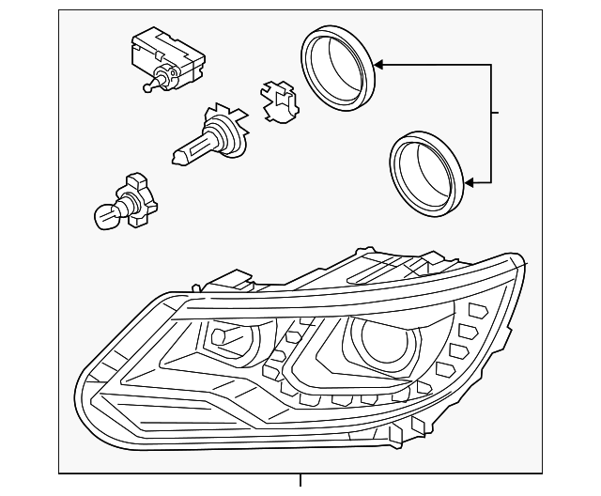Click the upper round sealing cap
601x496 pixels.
click(x=336, y=70)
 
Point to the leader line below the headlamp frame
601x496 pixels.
click(x=300, y=480)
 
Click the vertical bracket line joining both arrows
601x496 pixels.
click(x=490, y=122)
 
